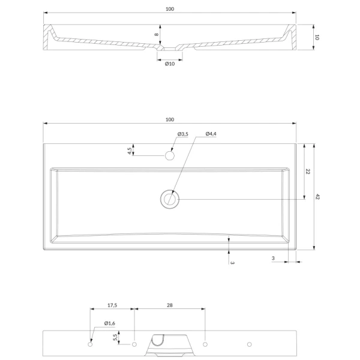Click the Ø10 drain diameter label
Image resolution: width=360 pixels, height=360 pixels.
170,64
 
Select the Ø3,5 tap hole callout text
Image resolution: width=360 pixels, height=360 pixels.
183,134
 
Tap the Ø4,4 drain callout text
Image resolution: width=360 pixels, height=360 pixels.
211,134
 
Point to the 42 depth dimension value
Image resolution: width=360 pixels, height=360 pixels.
317,197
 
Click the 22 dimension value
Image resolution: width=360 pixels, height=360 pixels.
308,171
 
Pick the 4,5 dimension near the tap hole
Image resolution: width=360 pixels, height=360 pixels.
130,151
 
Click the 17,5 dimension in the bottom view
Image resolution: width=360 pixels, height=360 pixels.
112,305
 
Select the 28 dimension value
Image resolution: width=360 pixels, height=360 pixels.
170,305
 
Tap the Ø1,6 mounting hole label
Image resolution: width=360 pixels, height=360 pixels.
110,323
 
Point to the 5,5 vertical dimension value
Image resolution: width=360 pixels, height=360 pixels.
115,337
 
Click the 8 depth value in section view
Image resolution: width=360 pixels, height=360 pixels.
157,34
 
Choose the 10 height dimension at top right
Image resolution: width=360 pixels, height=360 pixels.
317,37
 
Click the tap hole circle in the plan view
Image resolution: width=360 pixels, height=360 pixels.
170,155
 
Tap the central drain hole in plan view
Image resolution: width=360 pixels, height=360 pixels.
170,199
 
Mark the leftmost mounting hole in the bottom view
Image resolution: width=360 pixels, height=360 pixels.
90,344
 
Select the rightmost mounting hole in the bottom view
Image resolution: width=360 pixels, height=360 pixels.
250,344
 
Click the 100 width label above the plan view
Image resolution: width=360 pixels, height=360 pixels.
170,119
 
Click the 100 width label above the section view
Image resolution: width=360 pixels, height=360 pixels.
170,9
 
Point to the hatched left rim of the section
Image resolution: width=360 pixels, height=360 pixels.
47,37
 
